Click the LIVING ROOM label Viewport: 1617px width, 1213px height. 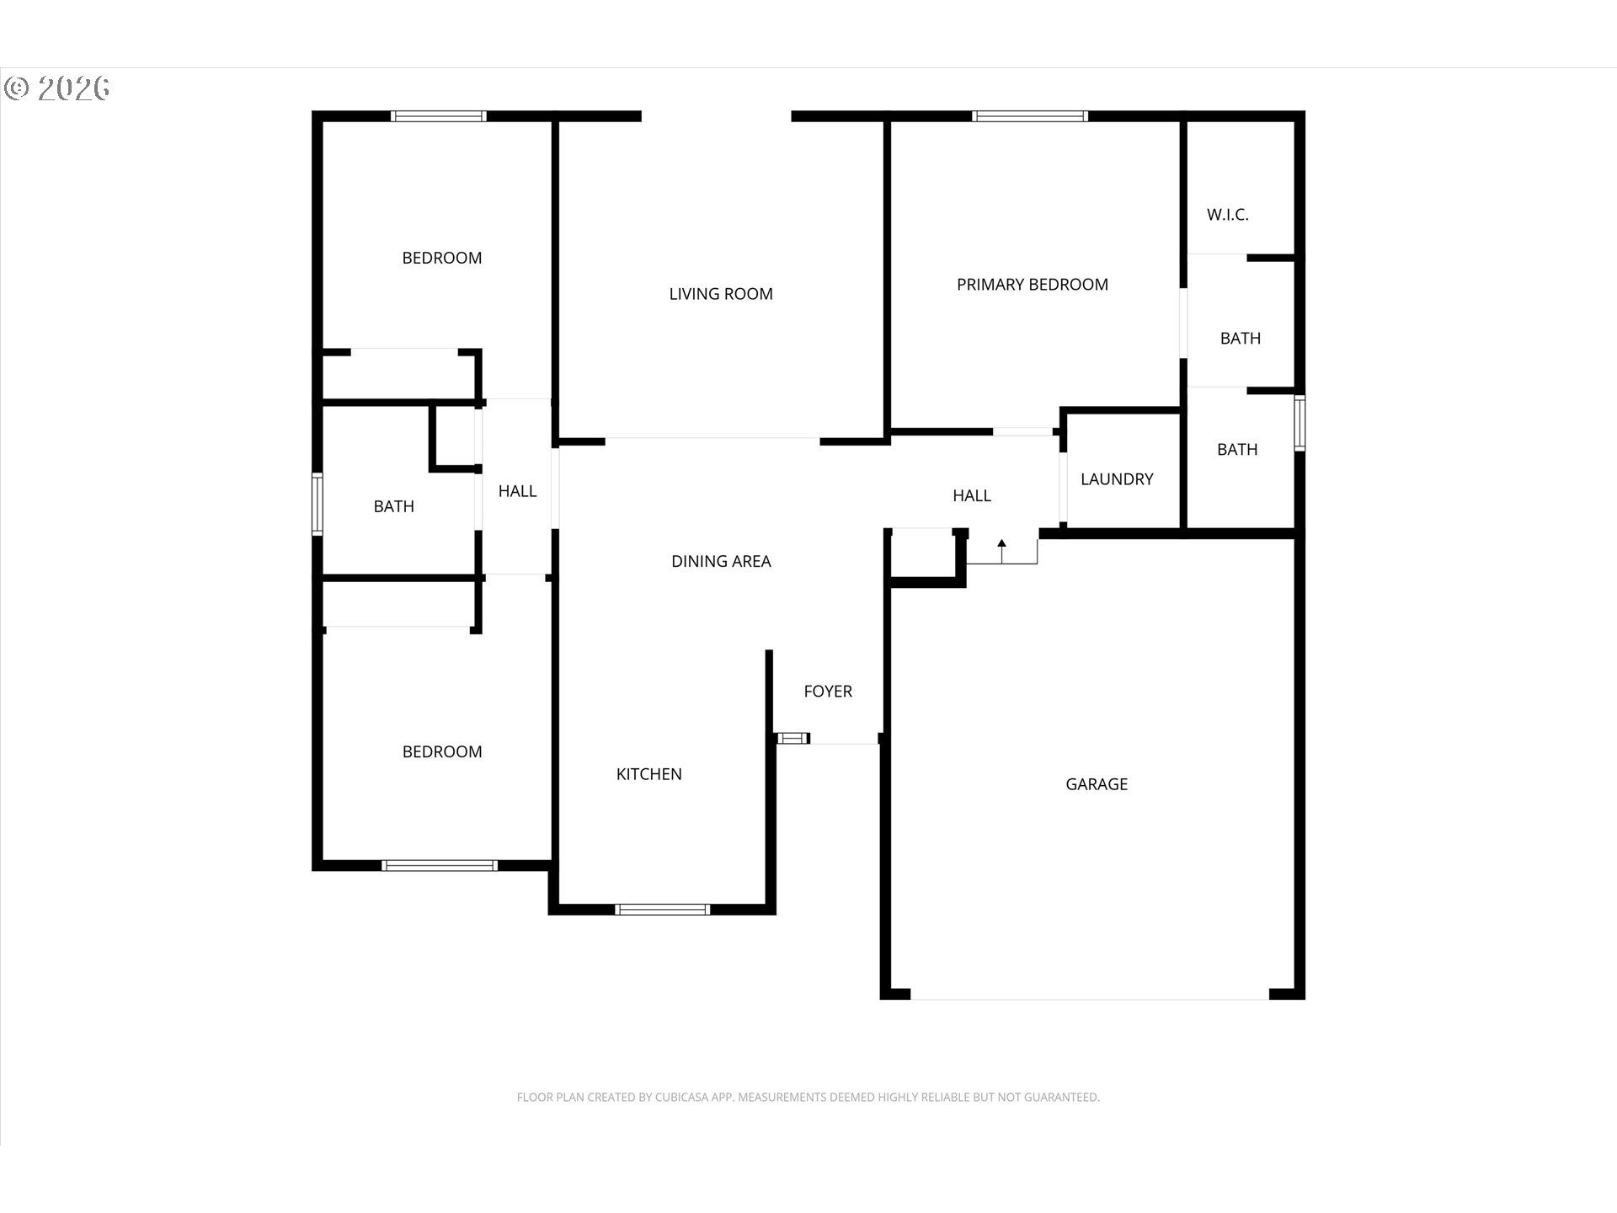click(x=721, y=294)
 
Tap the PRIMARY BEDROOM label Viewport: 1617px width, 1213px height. click(x=1033, y=285)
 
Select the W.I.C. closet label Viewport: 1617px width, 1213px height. click(x=1228, y=215)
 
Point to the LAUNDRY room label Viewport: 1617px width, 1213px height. click(x=1117, y=479)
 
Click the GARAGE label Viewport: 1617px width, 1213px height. click(x=1097, y=784)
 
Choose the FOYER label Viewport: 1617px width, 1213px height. click(x=828, y=692)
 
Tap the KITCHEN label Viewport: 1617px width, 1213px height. click(x=649, y=774)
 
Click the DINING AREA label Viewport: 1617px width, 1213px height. click(x=721, y=561)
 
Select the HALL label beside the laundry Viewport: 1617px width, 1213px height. click(x=972, y=496)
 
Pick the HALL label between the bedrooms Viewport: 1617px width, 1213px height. click(x=517, y=491)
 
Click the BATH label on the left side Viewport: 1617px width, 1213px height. click(x=394, y=506)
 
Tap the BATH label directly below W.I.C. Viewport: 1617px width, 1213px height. click(x=1241, y=339)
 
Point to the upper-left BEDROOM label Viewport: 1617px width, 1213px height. click(x=442, y=258)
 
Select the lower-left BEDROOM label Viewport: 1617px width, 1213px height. click(x=442, y=751)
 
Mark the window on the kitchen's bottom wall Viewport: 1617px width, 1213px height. click(x=663, y=909)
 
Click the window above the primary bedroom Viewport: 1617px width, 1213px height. click(x=1030, y=116)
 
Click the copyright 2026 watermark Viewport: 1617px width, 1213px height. click(x=57, y=88)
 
